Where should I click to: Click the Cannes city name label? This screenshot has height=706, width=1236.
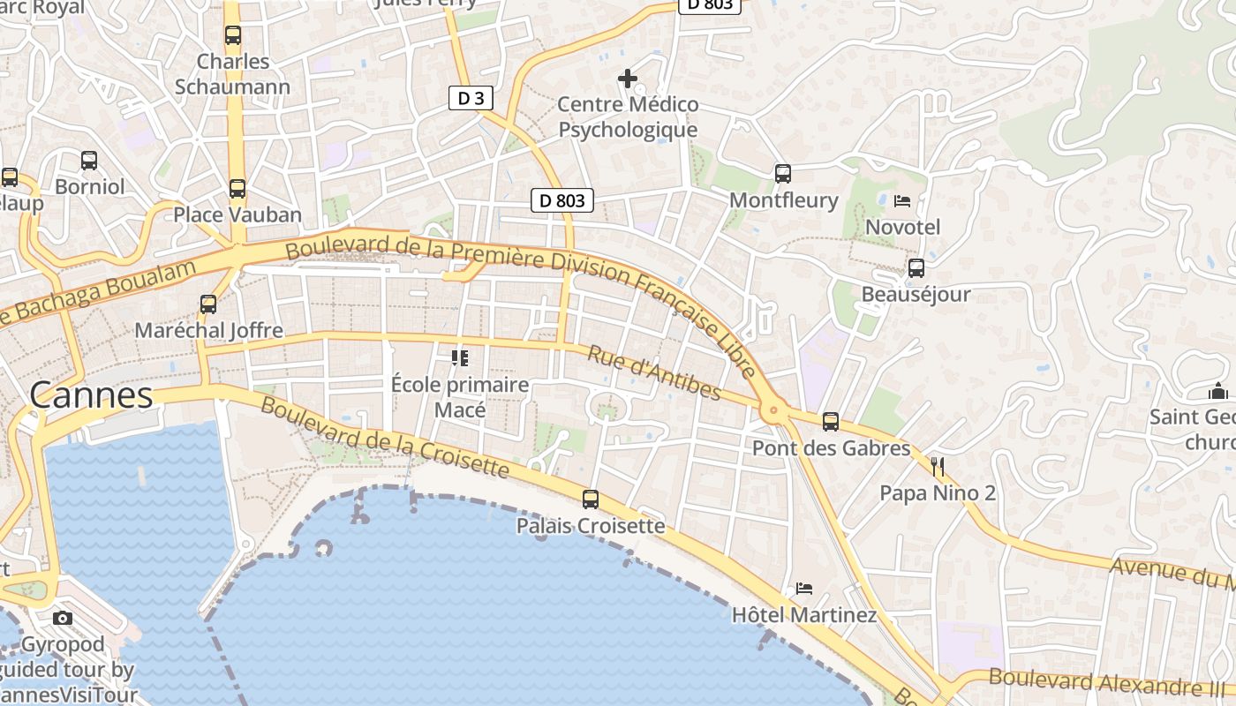[91, 395]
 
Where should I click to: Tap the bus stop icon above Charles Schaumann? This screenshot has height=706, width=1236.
[233, 35]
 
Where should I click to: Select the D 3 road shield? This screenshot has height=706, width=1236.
[471, 98]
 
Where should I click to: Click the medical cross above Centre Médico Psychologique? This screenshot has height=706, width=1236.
[628, 79]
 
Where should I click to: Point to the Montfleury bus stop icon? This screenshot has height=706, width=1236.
[783, 174]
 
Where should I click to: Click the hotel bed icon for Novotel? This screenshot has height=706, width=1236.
[902, 201]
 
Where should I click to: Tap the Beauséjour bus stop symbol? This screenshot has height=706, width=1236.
[916, 268]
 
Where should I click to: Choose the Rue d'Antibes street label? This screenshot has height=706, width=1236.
[654, 372]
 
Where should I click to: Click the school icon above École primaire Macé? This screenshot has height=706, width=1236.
[459, 358]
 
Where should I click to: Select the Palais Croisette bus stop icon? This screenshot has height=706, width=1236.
[591, 499]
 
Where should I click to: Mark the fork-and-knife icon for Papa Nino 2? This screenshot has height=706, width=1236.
[938, 467]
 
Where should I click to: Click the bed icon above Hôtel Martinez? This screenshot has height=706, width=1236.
[803, 589]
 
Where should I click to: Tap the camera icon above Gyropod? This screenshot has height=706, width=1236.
[63, 618]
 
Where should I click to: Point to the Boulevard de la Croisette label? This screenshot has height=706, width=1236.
[385, 438]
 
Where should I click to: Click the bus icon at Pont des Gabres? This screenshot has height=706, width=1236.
[831, 422]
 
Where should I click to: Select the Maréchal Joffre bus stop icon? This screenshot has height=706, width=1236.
[208, 304]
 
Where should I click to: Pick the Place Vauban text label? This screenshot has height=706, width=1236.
[237, 214]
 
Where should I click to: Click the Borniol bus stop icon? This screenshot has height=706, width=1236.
[89, 161]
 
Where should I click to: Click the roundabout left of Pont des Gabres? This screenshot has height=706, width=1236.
[773, 409]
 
